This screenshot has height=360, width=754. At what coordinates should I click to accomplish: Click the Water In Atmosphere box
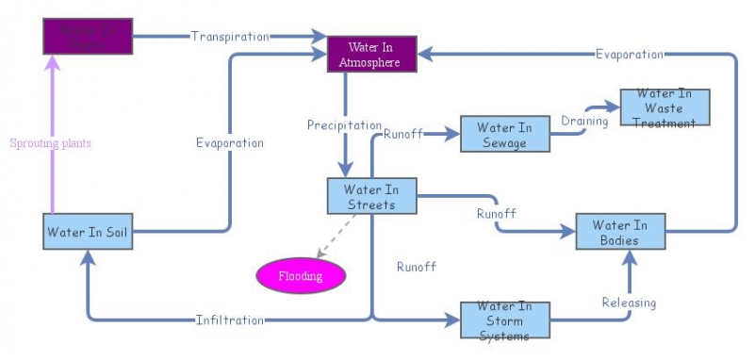coord(370,55)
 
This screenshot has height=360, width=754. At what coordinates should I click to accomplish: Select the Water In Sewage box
coord(504,134)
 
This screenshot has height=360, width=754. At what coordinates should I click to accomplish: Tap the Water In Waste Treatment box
coord(664,107)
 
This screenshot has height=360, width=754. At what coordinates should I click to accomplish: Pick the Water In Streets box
coord(371,196)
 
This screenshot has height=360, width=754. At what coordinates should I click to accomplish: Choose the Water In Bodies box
coord(620,232)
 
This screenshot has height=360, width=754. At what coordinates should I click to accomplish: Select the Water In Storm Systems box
coord(503,321)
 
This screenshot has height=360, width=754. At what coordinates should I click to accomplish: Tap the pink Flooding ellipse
coord(301,276)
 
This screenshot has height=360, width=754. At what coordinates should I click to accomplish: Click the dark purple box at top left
coord(87,36)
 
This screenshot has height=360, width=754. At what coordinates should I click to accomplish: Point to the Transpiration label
coord(230,37)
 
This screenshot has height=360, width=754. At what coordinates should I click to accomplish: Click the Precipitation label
coord(344,124)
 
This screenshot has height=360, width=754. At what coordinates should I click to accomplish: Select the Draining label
coord(584,121)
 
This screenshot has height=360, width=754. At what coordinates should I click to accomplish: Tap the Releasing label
coord(629,303)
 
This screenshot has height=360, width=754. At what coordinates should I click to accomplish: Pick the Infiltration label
coord(230,320)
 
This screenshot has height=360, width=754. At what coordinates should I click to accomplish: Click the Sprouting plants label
coord(50,143)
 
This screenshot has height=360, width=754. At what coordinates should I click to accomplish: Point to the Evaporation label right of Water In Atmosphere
coord(629,54)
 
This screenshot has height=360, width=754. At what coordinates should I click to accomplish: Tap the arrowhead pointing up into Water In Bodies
coord(631,257)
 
